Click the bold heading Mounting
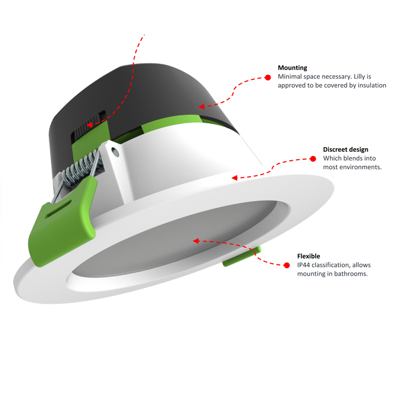[x=293, y=68]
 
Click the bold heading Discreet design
[x=345, y=150]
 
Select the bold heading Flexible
[x=308, y=256]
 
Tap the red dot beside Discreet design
[x=313, y=158]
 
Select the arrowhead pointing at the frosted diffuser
[x=196, y=241]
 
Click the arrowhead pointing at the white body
[x=234, y=177]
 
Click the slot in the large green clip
[x=53, y=213]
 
